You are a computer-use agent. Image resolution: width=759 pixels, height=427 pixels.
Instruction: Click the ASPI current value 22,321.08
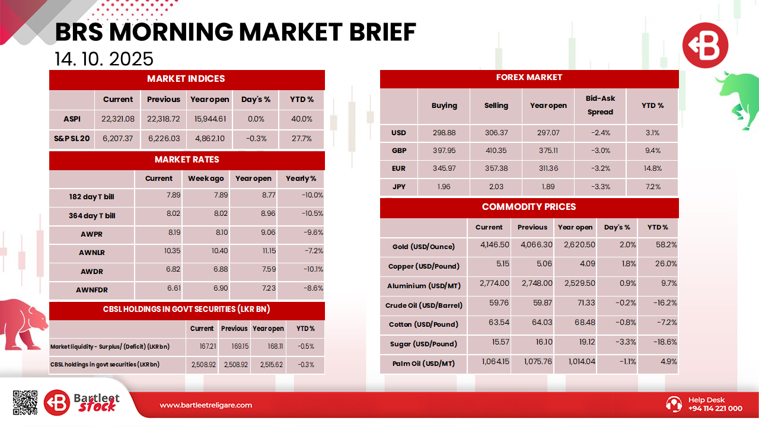(x=118, y=119)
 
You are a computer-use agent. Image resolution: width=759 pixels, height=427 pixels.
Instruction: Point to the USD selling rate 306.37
(x=496, y=133)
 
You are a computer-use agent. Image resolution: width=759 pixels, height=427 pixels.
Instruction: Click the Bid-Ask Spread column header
(x=600, y=105)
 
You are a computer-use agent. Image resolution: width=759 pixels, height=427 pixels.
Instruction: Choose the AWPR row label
(x=91, y=234)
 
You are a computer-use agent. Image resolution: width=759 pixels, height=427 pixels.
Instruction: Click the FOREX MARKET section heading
(x=529, y=78)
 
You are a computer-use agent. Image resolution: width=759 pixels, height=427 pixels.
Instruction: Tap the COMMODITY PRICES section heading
(x=529, y=207)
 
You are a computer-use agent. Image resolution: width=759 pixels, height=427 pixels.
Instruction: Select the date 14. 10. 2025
(x=104, y=59)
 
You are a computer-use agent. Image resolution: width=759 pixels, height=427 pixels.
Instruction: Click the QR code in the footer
(x=25, y=403)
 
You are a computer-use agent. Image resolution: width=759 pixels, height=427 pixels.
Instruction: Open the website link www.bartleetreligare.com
(x=206, y=405)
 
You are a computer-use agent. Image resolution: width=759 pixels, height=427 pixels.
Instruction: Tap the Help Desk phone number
(x=715, y=409)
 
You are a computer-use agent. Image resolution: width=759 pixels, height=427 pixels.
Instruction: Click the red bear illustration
(x=24, y=323)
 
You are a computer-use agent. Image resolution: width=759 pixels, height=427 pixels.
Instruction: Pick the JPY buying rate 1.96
(x=444, y=186)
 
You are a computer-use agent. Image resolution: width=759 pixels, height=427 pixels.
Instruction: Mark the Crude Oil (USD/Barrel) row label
(x=423, y=305)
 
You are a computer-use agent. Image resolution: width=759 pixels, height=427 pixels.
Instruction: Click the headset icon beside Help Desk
(x=674, y=404)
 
